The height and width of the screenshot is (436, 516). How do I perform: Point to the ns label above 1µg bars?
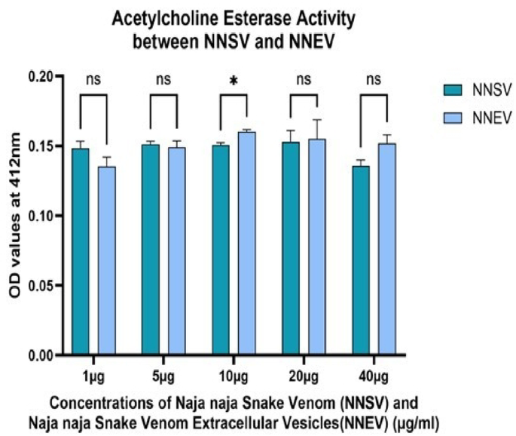(x=94, y=78)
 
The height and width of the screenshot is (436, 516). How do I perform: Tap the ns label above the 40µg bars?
(x=374, y=78)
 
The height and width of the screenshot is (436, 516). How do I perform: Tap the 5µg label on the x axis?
(x=163, y=373)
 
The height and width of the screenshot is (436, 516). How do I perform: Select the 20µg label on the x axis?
(x=304, y=373)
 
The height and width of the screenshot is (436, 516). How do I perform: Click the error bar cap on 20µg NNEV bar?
(x=317, y=119)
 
